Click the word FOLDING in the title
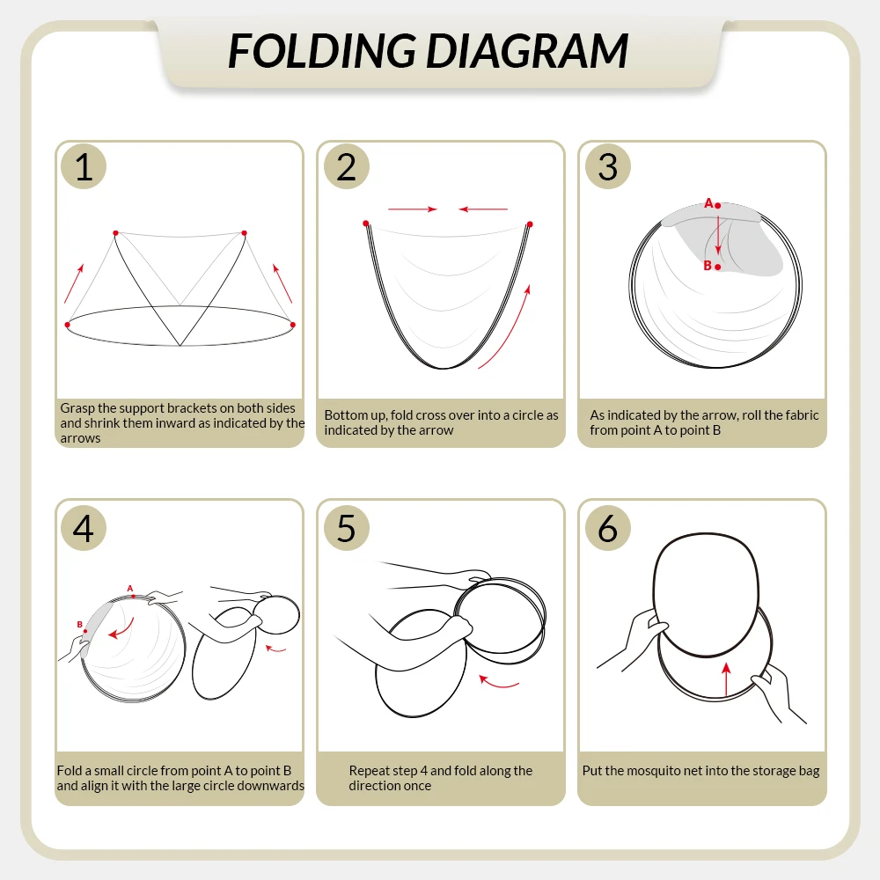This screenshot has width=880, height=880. pyautogui.click(x=321, y=51)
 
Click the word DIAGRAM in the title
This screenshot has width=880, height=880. pyautogui.click(x=527, y=51)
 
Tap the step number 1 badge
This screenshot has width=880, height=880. pyautogui.click(x=84, y=166)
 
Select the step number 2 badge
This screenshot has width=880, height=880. pyautogui.click(x=346, y=166)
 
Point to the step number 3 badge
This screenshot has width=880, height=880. pyautogui.click(x=608, y=166)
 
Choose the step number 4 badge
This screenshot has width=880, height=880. pyautogui.click(x=84, y=527)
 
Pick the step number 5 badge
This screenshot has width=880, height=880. pyautogui.click(x=346, y=527)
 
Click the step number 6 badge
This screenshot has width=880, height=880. pyautogui.click(x=608, y=527)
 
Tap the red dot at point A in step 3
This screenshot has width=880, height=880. pyautogui.click(x=717, y=206)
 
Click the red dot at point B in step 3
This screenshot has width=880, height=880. pyautogui.click(x=717, y=268)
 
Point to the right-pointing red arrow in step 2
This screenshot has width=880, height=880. pyautogui.click(x=413, y=209)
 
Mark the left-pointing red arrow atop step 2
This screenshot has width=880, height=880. pyautogui.click(x=483, y=209)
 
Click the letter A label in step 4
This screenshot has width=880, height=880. pyautogui.click(x=130, y=588)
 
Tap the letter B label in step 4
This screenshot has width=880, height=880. pyautogui.click(x=80, y=624)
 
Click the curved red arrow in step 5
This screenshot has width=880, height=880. pyautogui.click(x=498, y=682)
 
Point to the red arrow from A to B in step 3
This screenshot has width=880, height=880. pyautogui.click(x=718, y=235)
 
